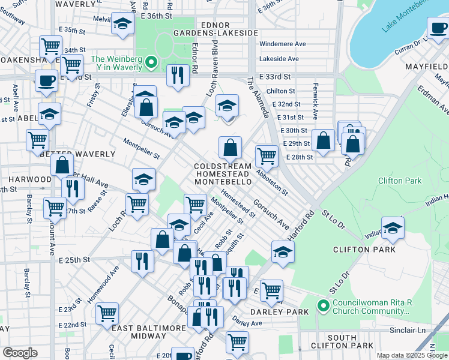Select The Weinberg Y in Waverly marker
[x=151, y=62]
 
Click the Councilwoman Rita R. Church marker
[x=324, y=307]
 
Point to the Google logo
[x=19, y=353]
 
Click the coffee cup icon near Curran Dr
[x=437, y=27]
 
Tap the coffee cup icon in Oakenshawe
[x=46, y=80]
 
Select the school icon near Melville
[x=122, y=24]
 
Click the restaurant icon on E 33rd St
[x=177, y=74]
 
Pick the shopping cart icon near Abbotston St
[x=267, y=155]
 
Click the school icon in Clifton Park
[x=393, y=228]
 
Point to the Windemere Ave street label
[x=282, y=44]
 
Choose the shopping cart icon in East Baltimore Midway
[x=107, y=313]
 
